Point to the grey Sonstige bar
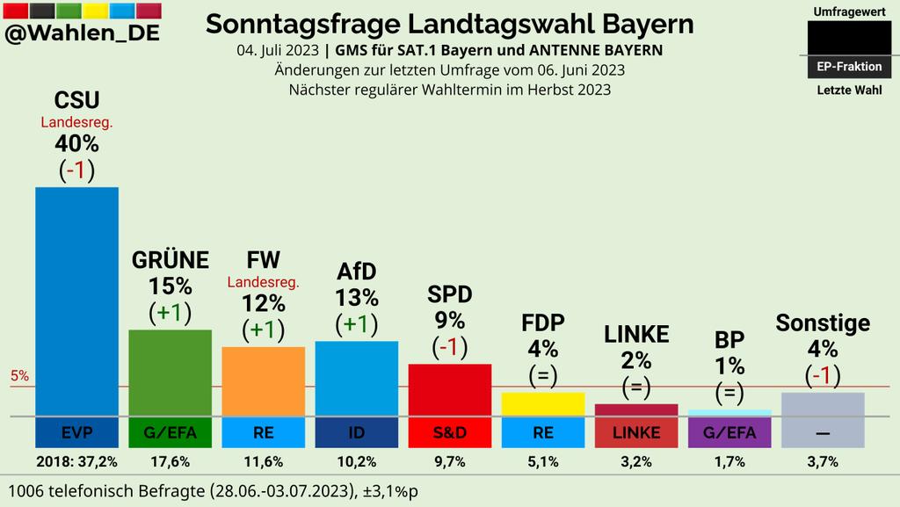823,404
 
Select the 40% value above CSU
76,143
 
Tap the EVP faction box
76,432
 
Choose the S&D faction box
449,432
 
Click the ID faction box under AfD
356,432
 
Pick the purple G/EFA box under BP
729,432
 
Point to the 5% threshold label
19,376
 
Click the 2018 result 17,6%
170,461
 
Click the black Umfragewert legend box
848,40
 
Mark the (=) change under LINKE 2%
635,387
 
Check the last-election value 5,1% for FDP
542,461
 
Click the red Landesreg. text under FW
263,282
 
